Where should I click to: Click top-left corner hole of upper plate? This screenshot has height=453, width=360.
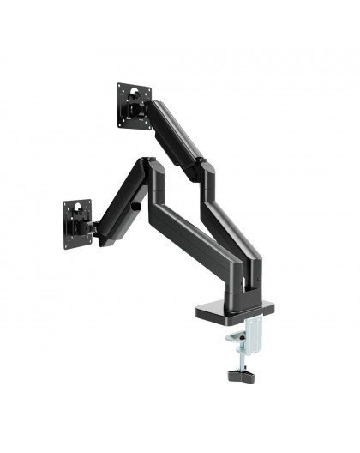point(121,88)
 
